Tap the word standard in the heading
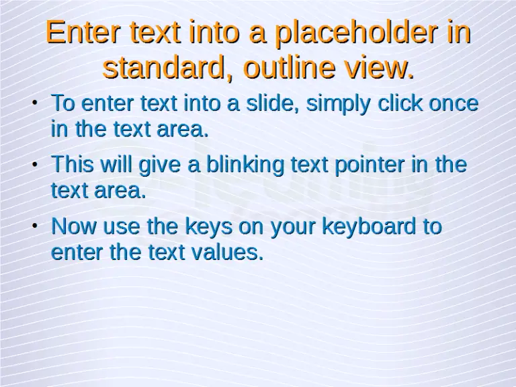[163, 68]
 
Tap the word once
[454, 103]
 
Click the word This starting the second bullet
[73, 164]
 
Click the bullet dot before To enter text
[34, 104]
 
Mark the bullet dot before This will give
[34, 165]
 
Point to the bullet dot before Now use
[34, 227]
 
